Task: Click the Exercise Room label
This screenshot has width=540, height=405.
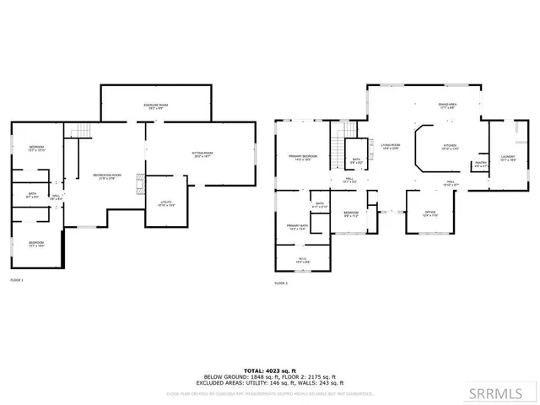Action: [x=156, y=105]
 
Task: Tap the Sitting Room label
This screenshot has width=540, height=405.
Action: [x=202, y=154]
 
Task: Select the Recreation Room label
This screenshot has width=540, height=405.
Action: [x=107, y=175]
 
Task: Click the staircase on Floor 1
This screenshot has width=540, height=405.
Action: [x=79, y=130]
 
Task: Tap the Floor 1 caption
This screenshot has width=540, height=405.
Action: [x=17, y=279]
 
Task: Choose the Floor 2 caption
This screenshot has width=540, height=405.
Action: [x=281, y=283]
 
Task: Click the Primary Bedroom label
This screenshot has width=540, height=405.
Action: [x=302, y=157]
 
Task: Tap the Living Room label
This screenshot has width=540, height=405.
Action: [x=389, y=146]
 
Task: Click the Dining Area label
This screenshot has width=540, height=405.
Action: [x=447, y=105]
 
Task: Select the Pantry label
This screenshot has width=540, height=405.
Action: [x=481, y=164]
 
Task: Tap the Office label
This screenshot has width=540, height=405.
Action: [x=430, y=213]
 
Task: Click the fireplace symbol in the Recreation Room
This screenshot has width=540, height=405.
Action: [x=141, y=184]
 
